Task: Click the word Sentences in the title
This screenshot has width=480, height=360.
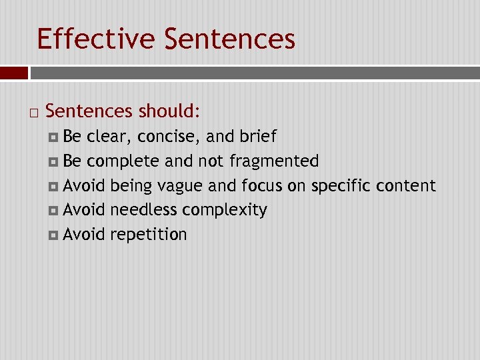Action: point(229,39)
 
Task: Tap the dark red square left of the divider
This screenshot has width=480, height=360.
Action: point(13,73)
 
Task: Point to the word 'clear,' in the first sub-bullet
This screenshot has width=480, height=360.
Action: point(109,137)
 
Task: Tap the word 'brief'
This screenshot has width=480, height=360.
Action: point(257,137)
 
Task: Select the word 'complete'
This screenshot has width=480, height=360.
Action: point(123,161)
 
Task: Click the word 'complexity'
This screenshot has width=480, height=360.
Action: point(225,211)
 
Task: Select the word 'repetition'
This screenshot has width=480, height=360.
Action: point(149,235)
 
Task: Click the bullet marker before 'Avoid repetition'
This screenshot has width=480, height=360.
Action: point(54,235)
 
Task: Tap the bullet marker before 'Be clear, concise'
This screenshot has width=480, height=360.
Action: point(54,137)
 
